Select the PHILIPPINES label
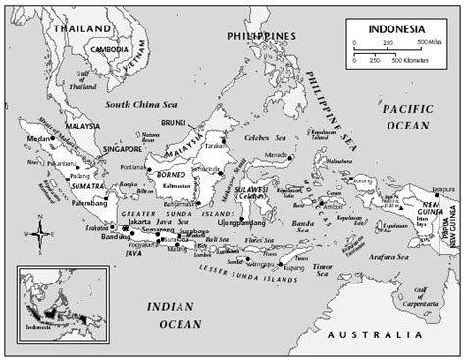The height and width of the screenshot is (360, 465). click(x=258, y=35)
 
